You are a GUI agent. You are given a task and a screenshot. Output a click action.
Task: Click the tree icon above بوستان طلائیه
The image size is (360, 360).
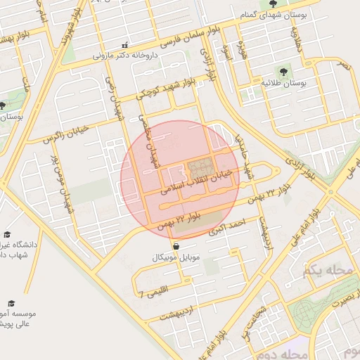283,71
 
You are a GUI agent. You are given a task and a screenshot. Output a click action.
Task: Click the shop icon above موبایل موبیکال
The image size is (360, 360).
175,246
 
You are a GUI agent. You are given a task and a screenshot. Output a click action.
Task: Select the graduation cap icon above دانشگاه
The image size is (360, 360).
7,235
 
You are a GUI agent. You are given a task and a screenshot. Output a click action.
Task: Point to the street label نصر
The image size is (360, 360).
343,65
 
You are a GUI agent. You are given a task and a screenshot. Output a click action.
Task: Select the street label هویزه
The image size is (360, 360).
244,51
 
